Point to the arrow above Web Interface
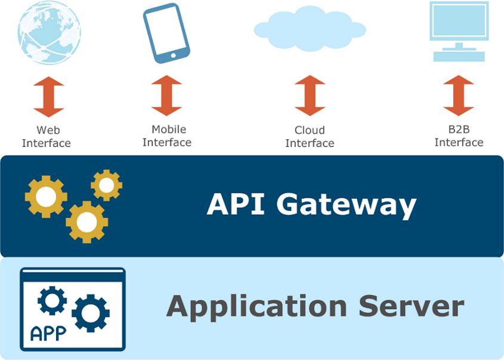point(48,97)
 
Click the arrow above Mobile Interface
point(166,96)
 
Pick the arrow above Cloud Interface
point(310,96)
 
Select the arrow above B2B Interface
point(459,96)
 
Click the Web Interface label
point(47,137)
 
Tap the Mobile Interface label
point(167,136)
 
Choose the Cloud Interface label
point(310,137)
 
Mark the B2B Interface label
point(459,136)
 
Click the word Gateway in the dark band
point(346,205)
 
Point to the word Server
point(411,306)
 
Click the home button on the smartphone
point(174,56)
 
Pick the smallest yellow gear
point(107,185)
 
